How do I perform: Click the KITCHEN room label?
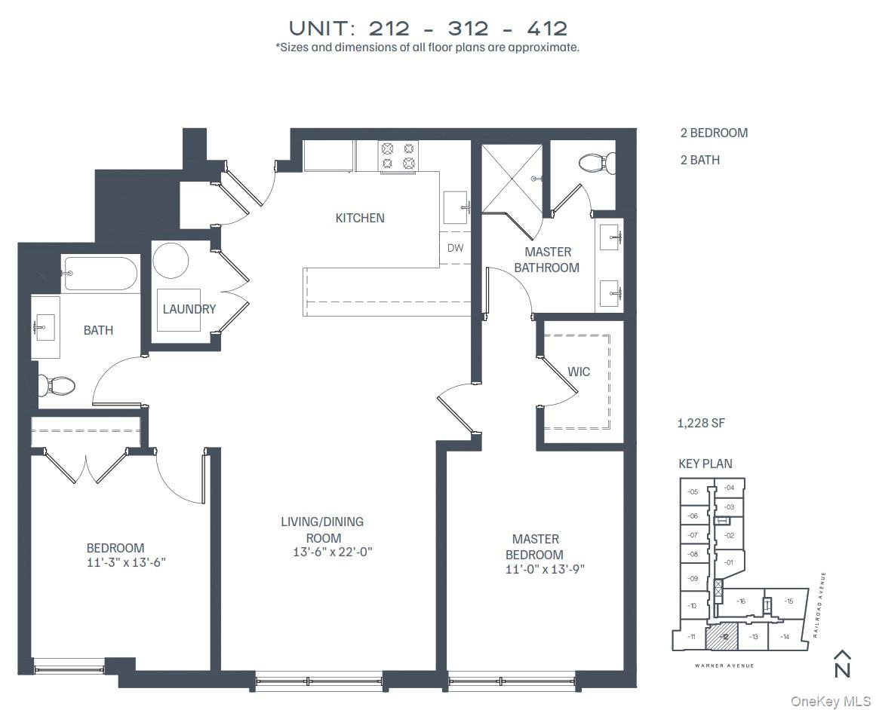point(360,218)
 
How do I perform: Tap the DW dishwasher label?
point(455,247)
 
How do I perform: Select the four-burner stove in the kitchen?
point(398,156)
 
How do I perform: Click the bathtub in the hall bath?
point(100,274)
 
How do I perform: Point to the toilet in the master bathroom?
point(596,161)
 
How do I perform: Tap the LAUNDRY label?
point(189,309)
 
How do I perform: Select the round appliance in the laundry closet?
point(171,261)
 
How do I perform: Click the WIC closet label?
point(579,372)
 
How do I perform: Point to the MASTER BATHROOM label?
point(552,259)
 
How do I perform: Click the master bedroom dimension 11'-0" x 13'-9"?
point(546,569)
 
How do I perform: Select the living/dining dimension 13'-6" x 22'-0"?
point(333,552)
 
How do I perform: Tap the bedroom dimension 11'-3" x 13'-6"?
point(126,562)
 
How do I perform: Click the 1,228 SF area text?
point(700,424)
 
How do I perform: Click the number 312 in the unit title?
point(468,29)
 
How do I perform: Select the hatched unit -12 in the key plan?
point(721,638)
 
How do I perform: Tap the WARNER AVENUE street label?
point(724,666)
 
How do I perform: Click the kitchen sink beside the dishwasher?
point(456,207)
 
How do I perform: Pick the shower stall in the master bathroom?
point(512,178)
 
